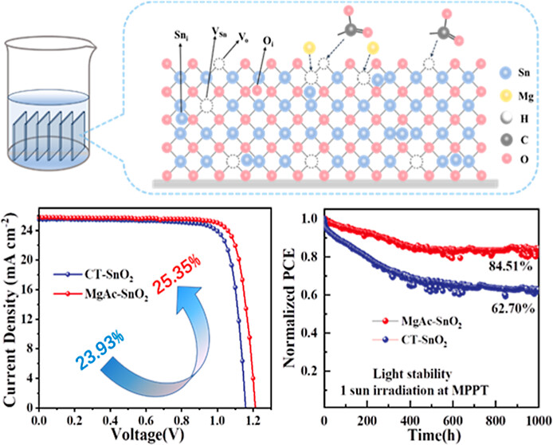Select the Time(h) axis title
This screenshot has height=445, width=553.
tap(430, 437)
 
